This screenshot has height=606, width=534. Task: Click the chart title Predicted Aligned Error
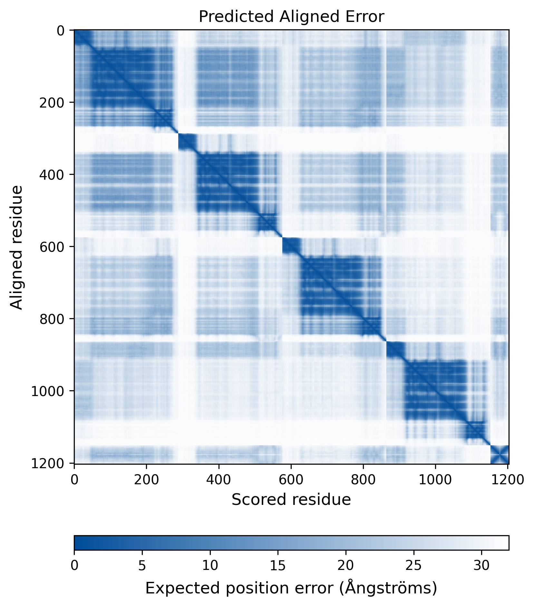291,17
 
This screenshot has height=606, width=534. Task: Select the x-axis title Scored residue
291,499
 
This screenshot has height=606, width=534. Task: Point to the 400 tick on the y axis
51,175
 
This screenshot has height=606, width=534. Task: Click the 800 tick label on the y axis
51,319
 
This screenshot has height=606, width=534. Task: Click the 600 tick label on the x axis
291,480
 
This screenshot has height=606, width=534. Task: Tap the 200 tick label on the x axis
147,480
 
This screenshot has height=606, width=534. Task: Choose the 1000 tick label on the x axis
435,480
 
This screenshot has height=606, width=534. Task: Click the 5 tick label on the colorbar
142,565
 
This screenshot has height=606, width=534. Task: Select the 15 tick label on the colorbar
278,565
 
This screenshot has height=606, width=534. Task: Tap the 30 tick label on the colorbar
481,565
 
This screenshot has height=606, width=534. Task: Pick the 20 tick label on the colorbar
346,565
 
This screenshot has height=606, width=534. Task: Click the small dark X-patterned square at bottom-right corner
499,454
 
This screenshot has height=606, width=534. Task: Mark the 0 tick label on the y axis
61,31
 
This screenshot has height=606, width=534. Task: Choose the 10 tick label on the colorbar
210,565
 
